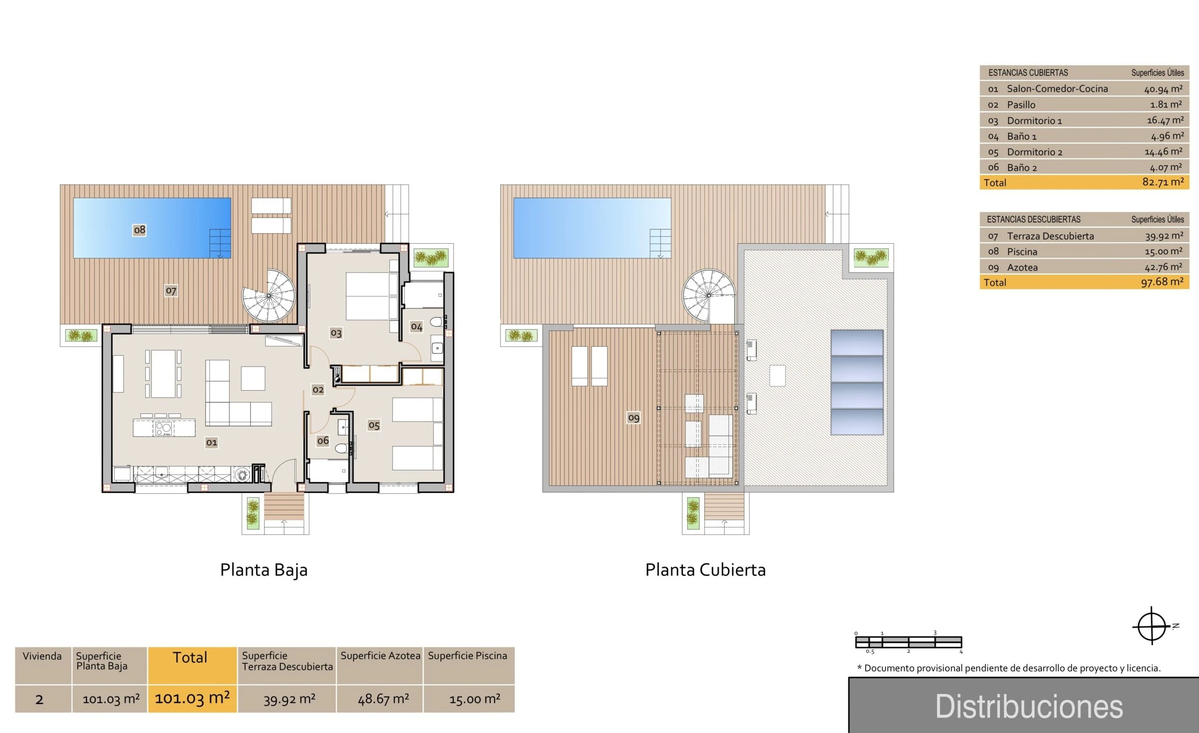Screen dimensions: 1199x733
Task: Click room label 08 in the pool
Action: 139,229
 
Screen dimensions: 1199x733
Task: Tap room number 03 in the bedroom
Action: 336,333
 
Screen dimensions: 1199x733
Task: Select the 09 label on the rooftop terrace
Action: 634,417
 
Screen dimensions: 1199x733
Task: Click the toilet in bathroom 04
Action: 436,322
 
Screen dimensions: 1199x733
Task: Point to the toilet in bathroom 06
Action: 342,448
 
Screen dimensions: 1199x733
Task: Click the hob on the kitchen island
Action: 163,428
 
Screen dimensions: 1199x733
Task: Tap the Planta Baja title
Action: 264,569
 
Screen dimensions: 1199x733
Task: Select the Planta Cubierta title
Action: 705,569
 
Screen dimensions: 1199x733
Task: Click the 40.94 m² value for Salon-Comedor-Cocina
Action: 1163,89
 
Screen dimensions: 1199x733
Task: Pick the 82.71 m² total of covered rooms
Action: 1163,182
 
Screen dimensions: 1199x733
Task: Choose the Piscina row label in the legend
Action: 1022,251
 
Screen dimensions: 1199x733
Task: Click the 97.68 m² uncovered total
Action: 1162,282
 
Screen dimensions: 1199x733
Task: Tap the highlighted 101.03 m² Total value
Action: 192,698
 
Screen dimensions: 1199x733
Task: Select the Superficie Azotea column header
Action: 380,656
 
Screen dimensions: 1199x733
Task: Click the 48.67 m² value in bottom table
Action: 383,699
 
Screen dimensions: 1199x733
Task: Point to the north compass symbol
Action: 1152,626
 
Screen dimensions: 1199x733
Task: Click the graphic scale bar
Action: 908,642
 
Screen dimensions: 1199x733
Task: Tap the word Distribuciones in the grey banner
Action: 1029,707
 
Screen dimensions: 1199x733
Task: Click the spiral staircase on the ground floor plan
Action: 268,295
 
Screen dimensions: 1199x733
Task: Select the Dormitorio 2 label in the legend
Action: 1034,152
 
